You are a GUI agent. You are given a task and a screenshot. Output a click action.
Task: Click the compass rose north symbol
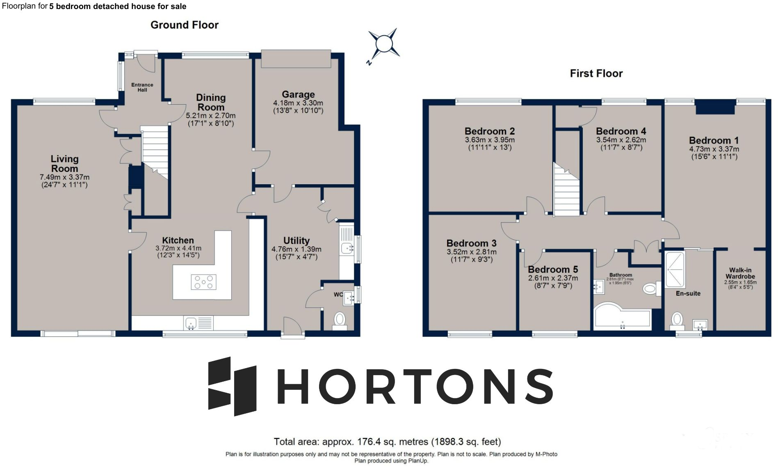point(369,62)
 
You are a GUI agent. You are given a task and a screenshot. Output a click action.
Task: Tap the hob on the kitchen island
point(204,282)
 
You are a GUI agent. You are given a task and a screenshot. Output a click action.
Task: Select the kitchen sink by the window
point(191,323)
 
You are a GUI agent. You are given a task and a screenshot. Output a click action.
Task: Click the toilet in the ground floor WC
point(340,319)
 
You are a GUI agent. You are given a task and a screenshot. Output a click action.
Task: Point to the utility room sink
point(347,248)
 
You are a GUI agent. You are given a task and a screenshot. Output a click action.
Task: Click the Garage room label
point(298,94)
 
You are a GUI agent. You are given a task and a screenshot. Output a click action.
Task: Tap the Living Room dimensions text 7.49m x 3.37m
point(64,177)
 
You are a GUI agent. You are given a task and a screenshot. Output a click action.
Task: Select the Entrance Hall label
point(142,87)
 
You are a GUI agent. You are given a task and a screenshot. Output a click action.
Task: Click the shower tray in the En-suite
point(675,269)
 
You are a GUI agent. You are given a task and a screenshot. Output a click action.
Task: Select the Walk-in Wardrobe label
point(740,273)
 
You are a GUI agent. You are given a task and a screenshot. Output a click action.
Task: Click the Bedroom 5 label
point(553,270)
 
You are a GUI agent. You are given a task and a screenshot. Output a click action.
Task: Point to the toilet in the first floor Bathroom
point(651,288)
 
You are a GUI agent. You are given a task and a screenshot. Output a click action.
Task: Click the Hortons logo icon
point(232,386)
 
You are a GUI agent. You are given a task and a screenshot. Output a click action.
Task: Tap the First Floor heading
point(596,73)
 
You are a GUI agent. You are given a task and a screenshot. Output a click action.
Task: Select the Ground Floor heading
point(185,25)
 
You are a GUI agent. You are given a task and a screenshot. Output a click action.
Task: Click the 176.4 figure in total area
point(370,442)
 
